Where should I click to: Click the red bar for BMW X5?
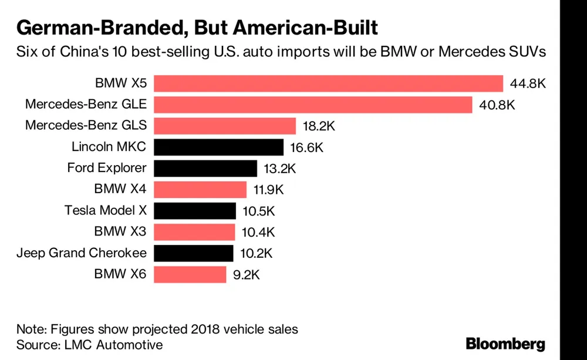pos(329,83)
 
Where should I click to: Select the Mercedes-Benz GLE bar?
pos(313,105)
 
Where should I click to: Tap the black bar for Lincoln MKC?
pos(219,147)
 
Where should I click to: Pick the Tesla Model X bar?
pos(195,211)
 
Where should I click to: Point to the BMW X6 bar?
pos(190,274)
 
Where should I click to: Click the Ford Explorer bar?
pos(205,169)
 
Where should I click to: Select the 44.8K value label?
pos(528,84)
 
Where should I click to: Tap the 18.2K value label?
pos(317,126)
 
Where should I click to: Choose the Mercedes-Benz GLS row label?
pos(86,126)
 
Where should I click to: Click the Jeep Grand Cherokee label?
pos(82,253)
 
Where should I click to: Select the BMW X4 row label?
pos(120,189)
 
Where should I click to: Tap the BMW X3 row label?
pos(120,232)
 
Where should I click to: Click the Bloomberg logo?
pos(505,344)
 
